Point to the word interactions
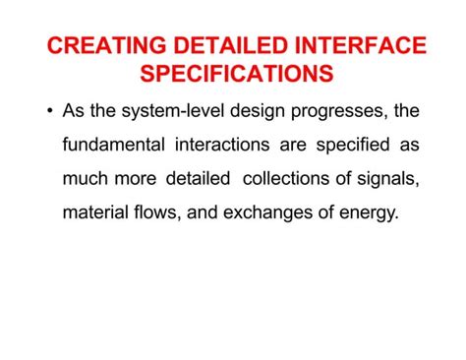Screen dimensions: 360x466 [221, 145]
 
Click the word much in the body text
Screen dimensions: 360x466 [86, 178]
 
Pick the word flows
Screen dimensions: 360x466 [154, 212]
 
